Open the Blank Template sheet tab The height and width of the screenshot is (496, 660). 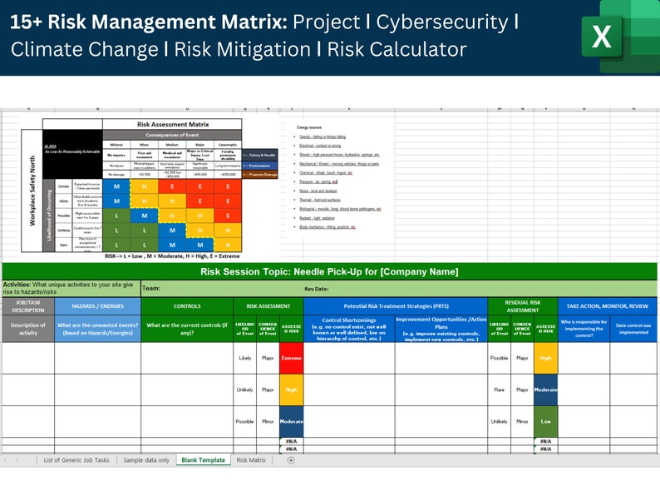click(x=203, y=460)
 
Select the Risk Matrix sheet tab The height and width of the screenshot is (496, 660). click(x=251, y=460)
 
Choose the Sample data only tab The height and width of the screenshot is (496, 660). click(x=146, y=460)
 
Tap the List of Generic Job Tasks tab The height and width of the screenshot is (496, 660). click(x=76, y=460)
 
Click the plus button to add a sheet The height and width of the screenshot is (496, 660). click(x=291, y=460)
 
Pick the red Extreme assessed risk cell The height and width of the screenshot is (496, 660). click(x=291, y=358)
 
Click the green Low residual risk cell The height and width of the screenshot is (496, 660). click(x=546, y=421)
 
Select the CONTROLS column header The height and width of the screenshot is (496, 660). click(x=187, y=306)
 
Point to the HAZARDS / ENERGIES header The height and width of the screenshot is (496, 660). click(x=97, y=306)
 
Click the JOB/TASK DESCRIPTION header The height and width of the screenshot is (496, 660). click(x=27, y=306)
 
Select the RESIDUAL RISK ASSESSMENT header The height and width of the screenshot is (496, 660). click(x=523, y=306)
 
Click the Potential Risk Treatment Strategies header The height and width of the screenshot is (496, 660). click(x=395, y=306)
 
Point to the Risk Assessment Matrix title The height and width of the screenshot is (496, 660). click(x=172, y=124)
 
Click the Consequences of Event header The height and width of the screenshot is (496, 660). click(x=172, y=135)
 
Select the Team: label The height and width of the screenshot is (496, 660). click(x=151, y=289)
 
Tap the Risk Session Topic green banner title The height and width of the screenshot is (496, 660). click(x=329, y=272)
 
